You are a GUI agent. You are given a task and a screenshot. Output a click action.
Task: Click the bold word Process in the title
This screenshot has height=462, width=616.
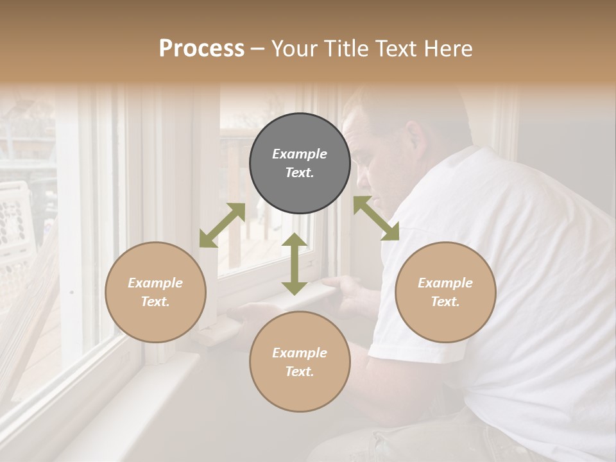[x=201, y=49]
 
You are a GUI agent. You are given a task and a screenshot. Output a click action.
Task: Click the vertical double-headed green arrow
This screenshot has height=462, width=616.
[x=295, y=264]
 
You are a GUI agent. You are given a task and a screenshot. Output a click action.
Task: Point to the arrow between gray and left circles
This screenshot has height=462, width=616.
[x=222, y=225]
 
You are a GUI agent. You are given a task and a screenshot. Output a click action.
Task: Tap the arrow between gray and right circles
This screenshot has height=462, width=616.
[x=376, y=218]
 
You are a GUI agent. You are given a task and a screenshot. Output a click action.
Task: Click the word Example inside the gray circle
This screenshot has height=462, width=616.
[x=300, y=154]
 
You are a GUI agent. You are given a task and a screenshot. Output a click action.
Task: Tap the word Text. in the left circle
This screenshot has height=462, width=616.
[x=155, y=302]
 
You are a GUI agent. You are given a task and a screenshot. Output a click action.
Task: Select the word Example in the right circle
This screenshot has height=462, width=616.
[x=445, y=283]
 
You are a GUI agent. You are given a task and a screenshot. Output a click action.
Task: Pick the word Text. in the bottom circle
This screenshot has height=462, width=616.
[x=300, y=372]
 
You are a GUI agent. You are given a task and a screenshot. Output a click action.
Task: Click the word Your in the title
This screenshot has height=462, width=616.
[x=292, y=49]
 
